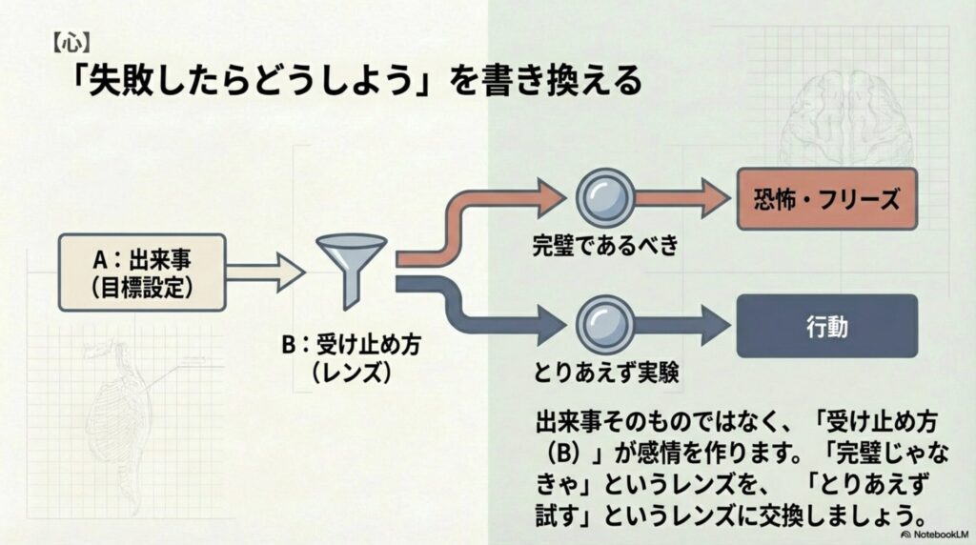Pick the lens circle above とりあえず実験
pyautogui.click(x=604, y=322)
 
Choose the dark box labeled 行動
pyautogui.click(x=826, y=325)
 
